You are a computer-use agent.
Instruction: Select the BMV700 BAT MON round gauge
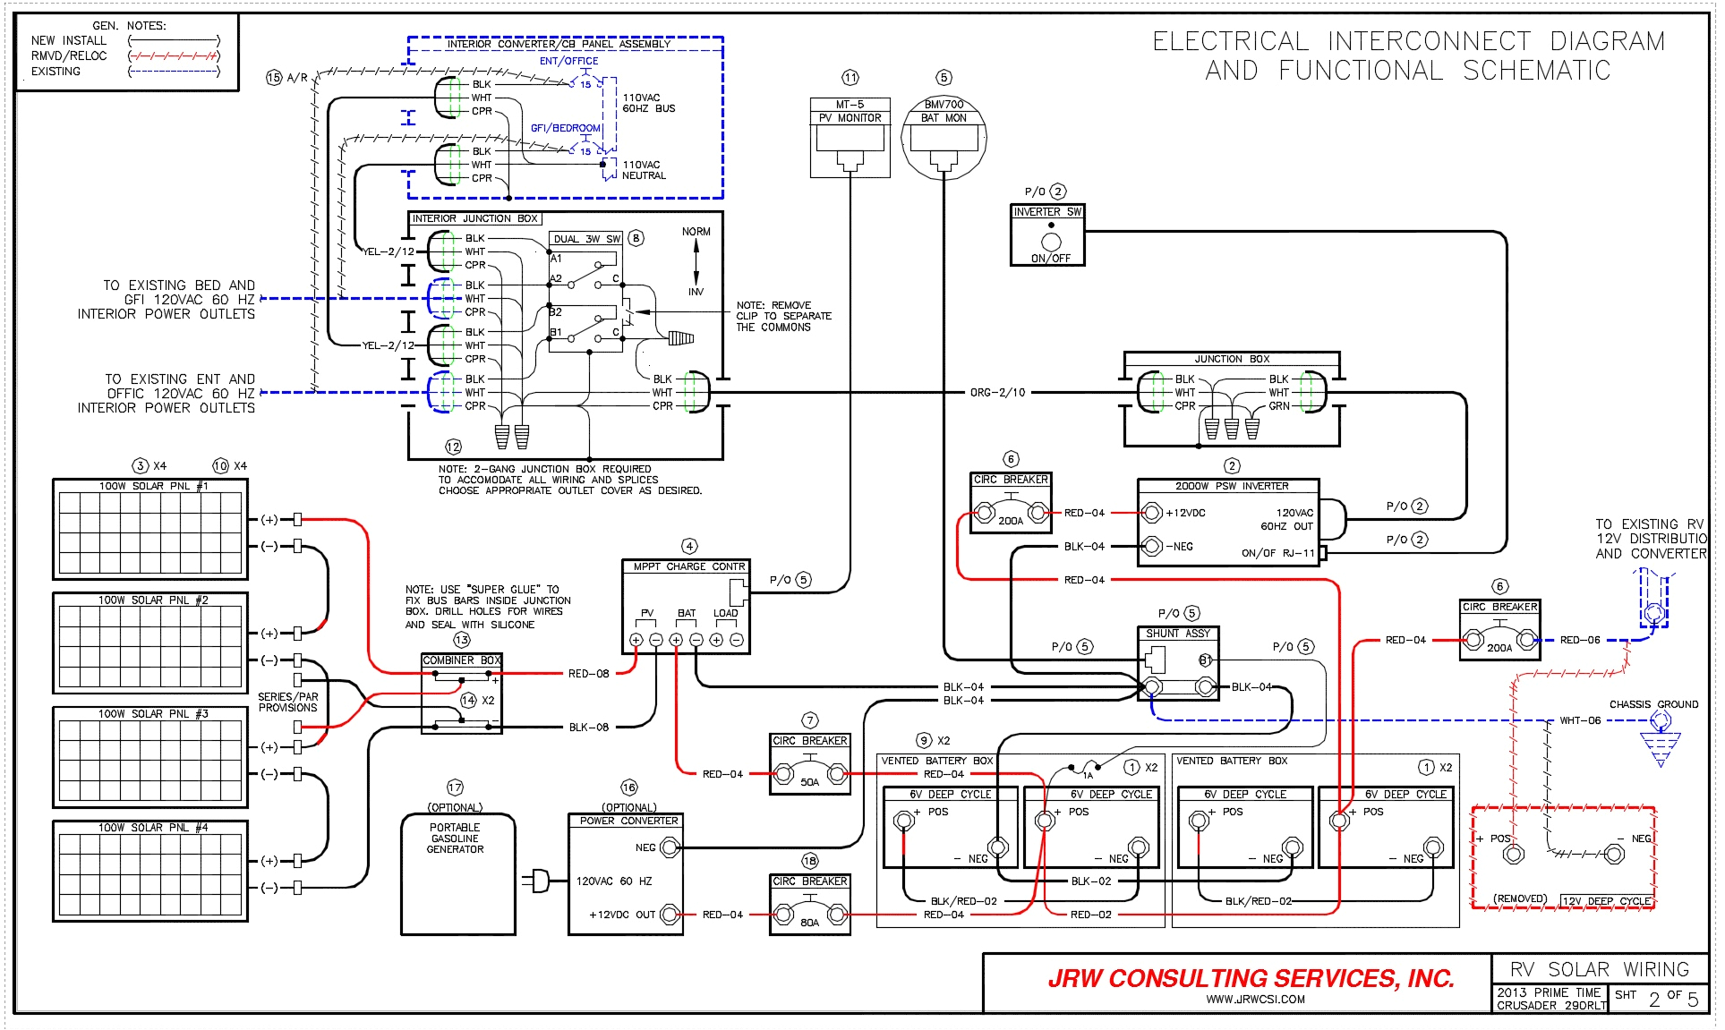(944, 139)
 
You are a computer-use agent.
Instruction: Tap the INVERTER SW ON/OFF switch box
(1047, 235)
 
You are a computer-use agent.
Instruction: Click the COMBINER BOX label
(461, 660)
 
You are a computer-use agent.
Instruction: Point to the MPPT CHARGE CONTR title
(688, 566)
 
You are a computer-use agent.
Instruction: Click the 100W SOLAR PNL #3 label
(152, 714)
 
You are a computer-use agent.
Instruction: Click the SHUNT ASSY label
(1177, 634)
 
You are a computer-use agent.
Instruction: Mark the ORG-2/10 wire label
(997, 392)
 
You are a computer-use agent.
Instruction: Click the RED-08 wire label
(588, 674)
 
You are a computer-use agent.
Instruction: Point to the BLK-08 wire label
(588, 728)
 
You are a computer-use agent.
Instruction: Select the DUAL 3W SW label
(586, 239)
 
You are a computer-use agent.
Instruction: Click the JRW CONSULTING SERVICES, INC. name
(1251, 978)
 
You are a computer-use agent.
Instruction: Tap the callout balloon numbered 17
(455, 787)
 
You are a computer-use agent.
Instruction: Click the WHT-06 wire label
(1579, 720)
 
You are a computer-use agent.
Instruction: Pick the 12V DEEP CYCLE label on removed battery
(1607, 901)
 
